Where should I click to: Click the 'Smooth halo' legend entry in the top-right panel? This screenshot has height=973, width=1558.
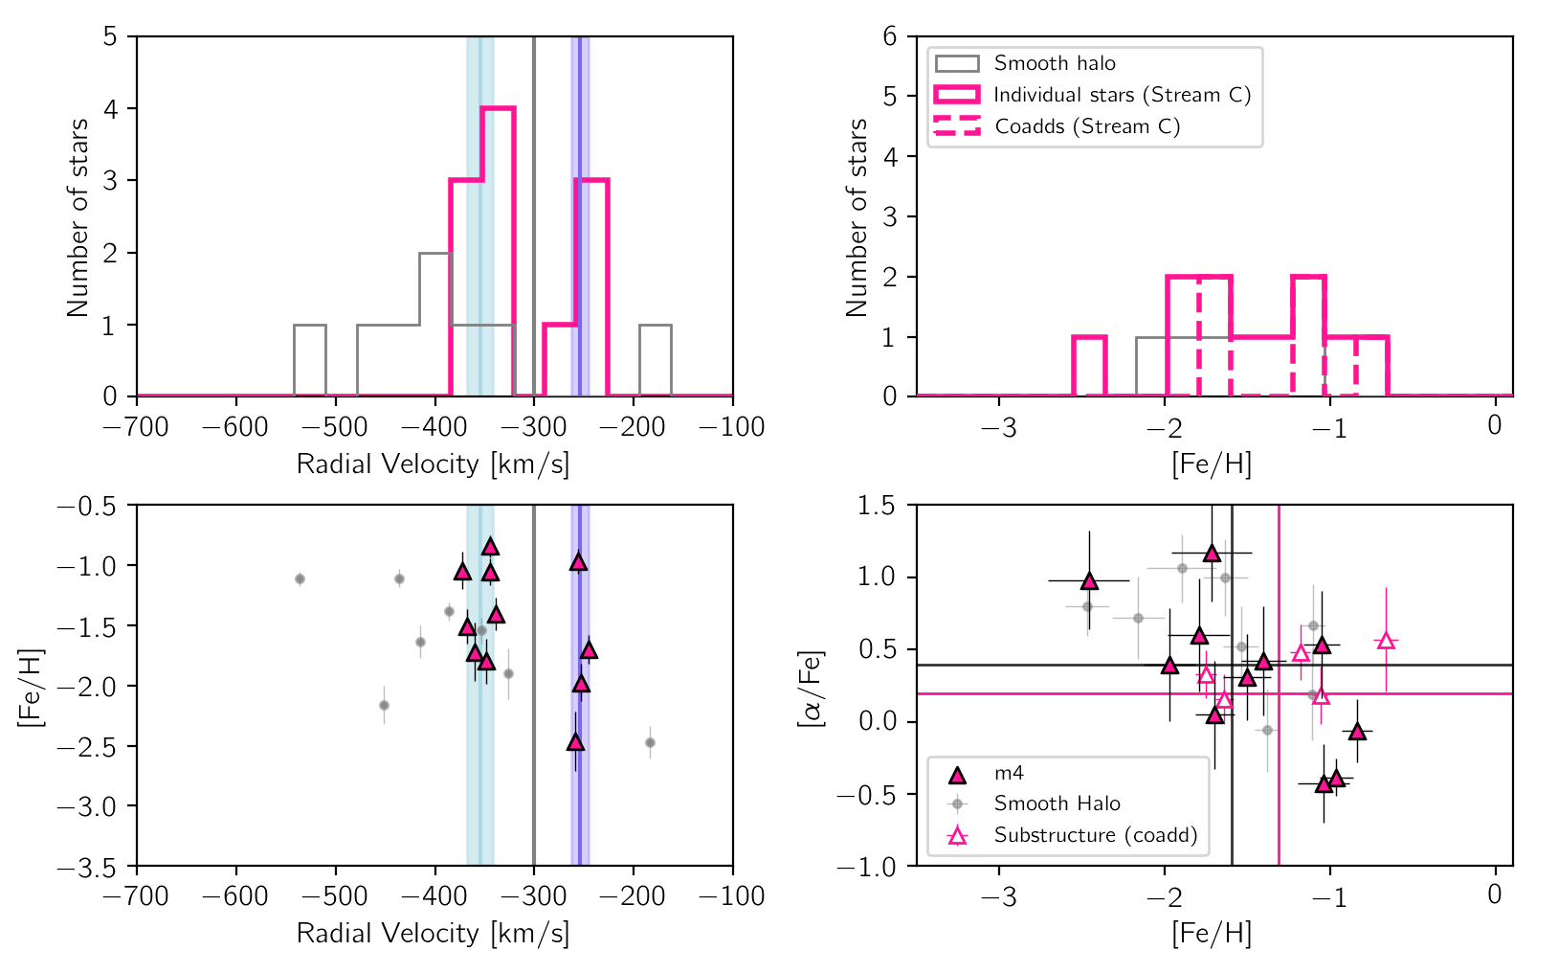(x=1054, y=64)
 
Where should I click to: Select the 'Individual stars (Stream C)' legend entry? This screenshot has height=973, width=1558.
(x=1122, y=95)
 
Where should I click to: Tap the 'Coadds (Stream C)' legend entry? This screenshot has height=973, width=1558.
(x=1087, y=126)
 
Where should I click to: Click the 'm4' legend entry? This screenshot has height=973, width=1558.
(x=1009, y=773)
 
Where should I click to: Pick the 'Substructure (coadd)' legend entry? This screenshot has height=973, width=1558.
(x=1095, y=835)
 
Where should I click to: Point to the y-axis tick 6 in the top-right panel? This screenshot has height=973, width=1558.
(x=890, y=36)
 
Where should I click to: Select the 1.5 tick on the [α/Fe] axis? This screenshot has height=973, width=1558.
(x=877, y=506)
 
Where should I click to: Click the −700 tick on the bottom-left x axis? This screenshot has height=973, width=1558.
(x=137, y=895)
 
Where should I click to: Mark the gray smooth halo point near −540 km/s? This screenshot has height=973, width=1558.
(x=300, y=578)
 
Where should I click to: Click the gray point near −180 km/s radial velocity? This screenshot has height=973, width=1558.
(x=650, y=742)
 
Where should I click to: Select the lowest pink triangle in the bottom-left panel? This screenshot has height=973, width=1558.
(x=575, y=742)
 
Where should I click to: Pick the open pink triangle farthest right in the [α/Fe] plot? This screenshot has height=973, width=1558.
(x=1386, y=641)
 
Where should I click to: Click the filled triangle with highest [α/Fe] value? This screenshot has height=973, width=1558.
(x=1213, y=553)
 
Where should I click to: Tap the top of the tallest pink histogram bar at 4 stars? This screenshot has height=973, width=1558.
(x=498, y=108)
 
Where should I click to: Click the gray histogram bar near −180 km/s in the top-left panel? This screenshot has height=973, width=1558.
(x=655, y=326)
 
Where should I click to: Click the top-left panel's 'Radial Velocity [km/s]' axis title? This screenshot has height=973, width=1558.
(x=433, y=464)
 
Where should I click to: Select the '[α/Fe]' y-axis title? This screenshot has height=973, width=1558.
(x=812, y=686)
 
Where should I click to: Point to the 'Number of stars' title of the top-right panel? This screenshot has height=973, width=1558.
(x=857, y=217)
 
